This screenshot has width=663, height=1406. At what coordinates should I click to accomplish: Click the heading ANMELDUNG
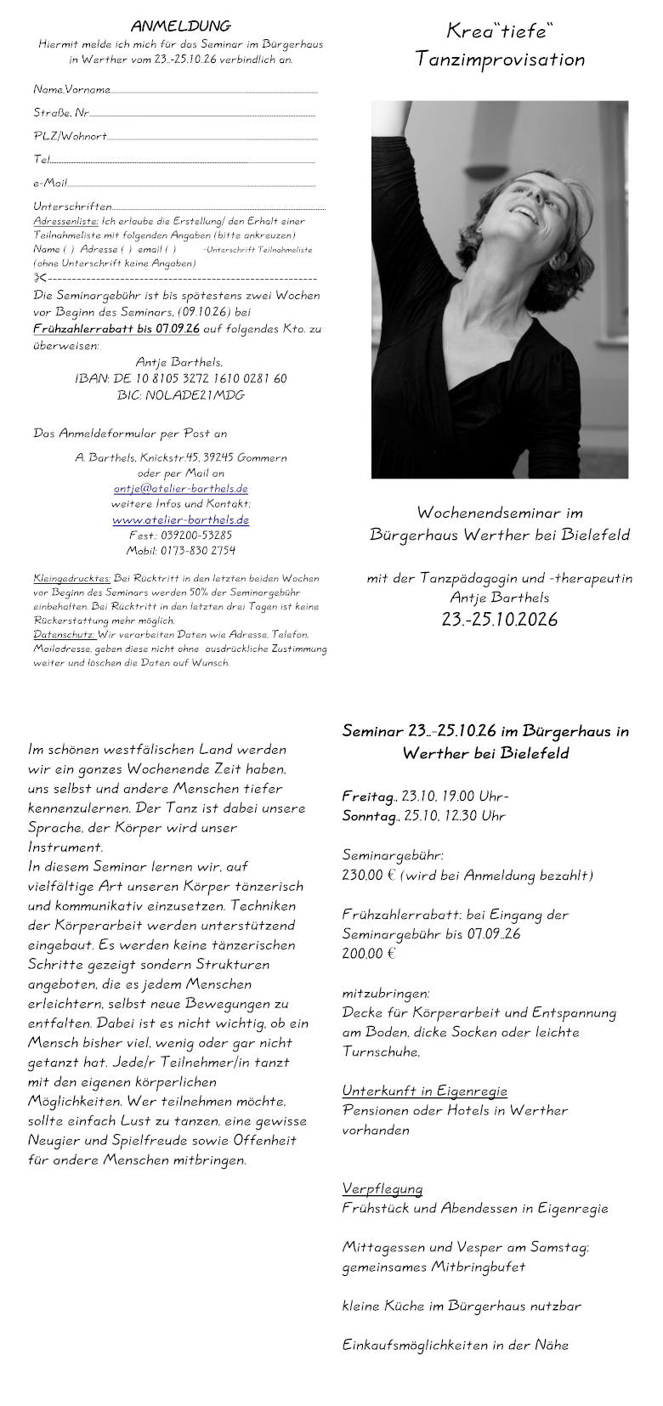tap(180, 26)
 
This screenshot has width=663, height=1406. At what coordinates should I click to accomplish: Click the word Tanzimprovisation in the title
tap(500, 60)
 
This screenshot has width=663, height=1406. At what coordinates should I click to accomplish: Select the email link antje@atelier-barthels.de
tap(180, 489)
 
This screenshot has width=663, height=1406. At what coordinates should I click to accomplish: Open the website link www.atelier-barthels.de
tap(180, 519)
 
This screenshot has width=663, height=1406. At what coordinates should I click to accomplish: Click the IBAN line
tap(180, 378)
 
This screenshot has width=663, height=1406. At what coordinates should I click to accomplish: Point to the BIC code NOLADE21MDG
tap(180, 395)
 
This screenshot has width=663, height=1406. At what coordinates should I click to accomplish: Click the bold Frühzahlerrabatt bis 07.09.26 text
tap(116, 329)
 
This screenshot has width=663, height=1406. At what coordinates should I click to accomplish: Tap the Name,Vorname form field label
tap(71, 89)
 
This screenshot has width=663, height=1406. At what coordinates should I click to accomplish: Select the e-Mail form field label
tap(50, 183)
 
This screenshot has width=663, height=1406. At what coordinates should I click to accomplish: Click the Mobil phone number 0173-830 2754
tap(180, 551)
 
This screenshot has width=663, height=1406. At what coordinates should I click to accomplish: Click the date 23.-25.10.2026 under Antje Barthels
tap(500, 620)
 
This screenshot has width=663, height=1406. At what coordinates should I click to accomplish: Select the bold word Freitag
tap(368, 797)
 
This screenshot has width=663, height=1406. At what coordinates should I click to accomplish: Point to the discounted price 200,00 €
tap(369, 954)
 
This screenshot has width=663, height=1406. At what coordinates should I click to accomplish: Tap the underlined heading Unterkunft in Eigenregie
tap(424, 1091)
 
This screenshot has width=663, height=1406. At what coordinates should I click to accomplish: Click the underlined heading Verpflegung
tap(382, 1188)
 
